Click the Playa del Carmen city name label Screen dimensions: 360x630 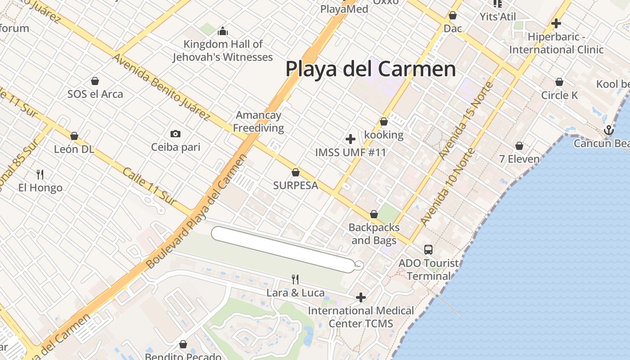click(x=371, y=69)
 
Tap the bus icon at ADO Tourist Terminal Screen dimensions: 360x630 click(x=428, y=249)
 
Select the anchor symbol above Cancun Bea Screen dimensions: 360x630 click(x=608, y=130)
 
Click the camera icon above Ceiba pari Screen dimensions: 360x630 click(x=175, y=134)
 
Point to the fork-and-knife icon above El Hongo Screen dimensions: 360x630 click(x=40, y=174)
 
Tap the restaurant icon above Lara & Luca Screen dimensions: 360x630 click(x=295, y=279)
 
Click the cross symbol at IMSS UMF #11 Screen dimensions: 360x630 click(x=351, y=139)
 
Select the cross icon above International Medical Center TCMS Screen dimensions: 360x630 click(x=360, y=297)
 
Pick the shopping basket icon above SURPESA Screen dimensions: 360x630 click(x=296, y=172)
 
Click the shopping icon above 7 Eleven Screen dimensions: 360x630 click(x=519, y=146)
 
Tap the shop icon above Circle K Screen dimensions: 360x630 click(x=559, y=82)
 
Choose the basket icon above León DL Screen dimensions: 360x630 click(x=74, y=136)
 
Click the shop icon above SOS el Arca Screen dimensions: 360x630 click(x=95, y=81)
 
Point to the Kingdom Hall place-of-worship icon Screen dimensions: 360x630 click(x=223, y=31)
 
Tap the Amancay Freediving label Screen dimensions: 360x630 click(x=258, y=121)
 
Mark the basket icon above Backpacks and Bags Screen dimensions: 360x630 click(x=374, y=214)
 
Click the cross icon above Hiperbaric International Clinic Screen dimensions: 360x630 click(x=556, y=23)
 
